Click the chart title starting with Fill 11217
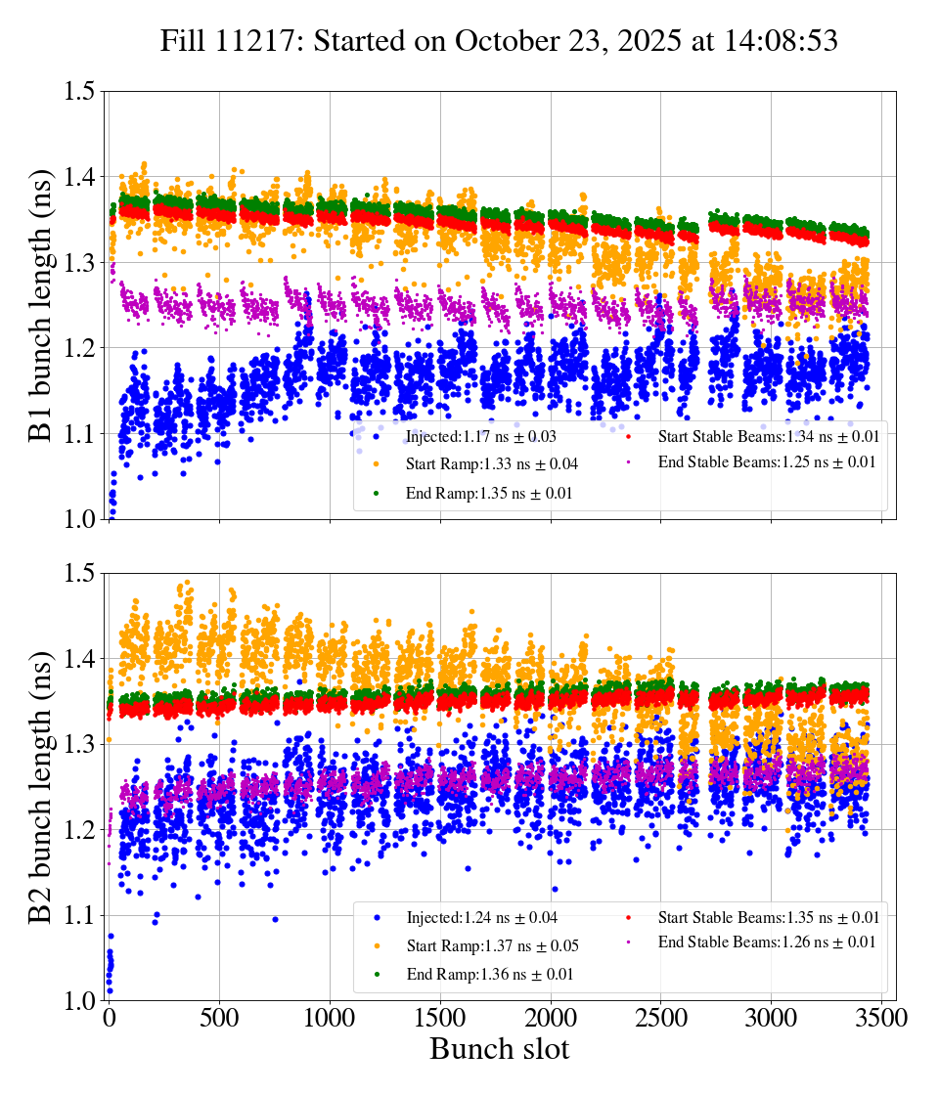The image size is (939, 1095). pos(499,42)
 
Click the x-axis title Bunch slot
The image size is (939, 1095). pos(499,1049)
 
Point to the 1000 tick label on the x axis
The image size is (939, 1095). pos(330,1018)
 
